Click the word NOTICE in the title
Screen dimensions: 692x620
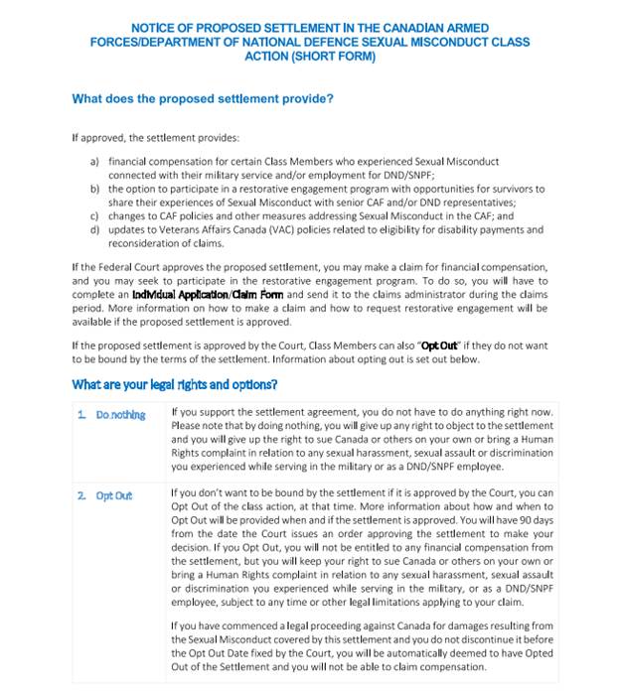pyautogui.click(x=154, y=28)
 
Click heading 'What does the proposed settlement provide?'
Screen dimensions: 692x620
pyautogui.click(x=203, y=99)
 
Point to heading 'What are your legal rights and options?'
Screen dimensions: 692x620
pyautogui.click(x=174, y=384)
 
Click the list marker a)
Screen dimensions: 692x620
pyautogui.click(x=94, y=161)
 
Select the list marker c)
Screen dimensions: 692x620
pyautogui.click(x=94, y=215)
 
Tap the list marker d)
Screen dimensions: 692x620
pyautogui.click(x=94, y=229)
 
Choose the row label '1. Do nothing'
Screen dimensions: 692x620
pyautogui.click(x=112, y=414)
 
